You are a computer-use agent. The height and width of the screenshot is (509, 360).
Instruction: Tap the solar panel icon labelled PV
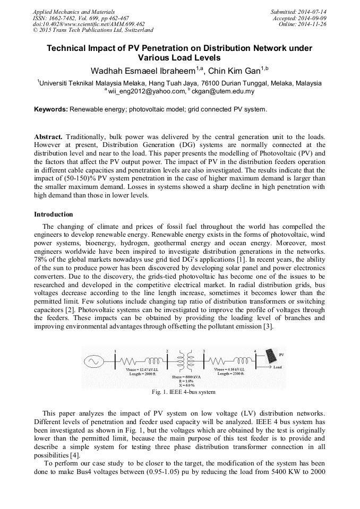(x=270, y=357)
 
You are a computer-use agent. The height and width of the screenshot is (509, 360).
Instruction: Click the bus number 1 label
(x=115, y=351)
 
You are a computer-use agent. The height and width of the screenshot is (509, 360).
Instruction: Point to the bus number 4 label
(x=255, y=351)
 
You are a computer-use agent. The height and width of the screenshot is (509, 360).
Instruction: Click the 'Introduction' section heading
(x=54, y=214)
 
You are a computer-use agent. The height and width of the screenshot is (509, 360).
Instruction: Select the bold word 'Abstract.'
(x=49, y=137)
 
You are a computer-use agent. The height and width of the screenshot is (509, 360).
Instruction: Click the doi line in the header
(x=89, y=24)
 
